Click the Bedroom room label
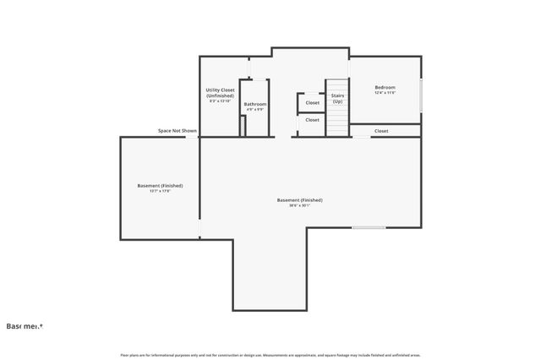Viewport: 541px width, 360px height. [385, 87]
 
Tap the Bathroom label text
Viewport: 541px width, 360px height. [255, 104]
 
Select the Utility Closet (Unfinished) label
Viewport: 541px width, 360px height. [220, 93]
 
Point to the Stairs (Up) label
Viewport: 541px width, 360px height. [337, 98]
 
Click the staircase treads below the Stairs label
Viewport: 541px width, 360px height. [337, 121]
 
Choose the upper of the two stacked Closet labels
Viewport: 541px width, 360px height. [312, 102]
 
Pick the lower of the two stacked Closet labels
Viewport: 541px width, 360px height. [312, 120]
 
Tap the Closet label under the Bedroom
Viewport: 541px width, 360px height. [381, 131]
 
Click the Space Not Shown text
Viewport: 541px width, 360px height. [178, 131]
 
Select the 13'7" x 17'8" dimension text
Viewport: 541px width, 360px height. [160, 191]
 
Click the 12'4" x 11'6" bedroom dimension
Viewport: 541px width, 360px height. [385, 93]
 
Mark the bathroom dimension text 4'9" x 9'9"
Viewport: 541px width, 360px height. [255, 110]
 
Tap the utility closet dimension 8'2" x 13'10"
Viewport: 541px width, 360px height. [220, 101]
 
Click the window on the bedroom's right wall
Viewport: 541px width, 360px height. [420, 93]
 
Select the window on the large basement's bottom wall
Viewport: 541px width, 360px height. [369, 227]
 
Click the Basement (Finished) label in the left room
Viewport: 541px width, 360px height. [160, 185]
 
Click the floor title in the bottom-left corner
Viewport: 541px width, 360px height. [25, 325]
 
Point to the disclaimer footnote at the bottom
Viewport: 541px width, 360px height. [270, 354]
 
